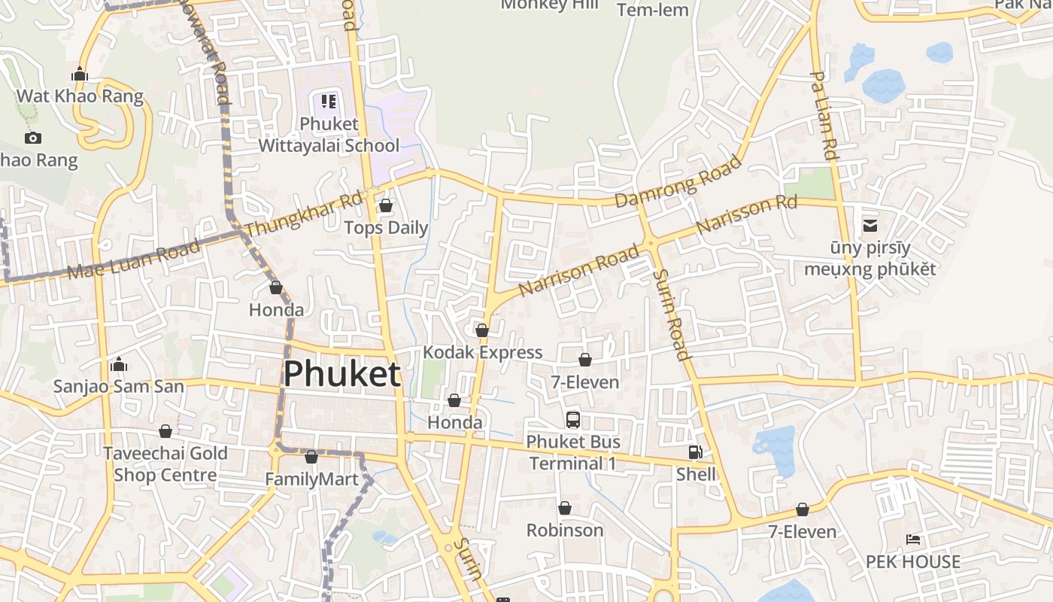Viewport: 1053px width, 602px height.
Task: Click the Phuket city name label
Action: [x=341, y=373]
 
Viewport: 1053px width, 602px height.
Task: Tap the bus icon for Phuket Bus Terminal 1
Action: [x=573, y=420]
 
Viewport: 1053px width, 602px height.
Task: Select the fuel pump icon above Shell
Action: [x=696, y=452]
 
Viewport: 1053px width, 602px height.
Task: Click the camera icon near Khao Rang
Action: [x=32, y=138]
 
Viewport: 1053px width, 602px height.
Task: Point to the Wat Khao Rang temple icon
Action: [x=80, y=74]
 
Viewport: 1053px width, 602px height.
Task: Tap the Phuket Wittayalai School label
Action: [x=329, y=134]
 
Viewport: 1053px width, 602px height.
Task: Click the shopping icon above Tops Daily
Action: [x=386, y=205]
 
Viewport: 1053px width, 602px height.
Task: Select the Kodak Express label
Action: [x=482, y=352]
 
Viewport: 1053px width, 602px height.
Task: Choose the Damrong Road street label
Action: [x=678, y=181]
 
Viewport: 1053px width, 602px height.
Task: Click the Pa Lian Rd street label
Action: [x=824, y=115]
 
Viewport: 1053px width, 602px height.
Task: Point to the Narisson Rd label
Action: [x=746, y=214]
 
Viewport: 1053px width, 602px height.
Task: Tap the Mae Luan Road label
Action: [x=134, y=260]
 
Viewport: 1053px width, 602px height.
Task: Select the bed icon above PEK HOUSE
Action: [x=913, y=540]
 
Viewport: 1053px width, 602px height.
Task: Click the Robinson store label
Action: [x=565, y=530]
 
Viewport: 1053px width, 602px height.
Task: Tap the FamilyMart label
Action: [x=311, y=479]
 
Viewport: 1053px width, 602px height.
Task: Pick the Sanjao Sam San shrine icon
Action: [x=119, y=366]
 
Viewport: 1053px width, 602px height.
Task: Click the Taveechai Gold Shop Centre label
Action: [x=165, y=464]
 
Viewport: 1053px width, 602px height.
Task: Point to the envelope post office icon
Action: [x=870, y=226]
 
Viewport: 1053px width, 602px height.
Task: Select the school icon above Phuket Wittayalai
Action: [x=328, y=101]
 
